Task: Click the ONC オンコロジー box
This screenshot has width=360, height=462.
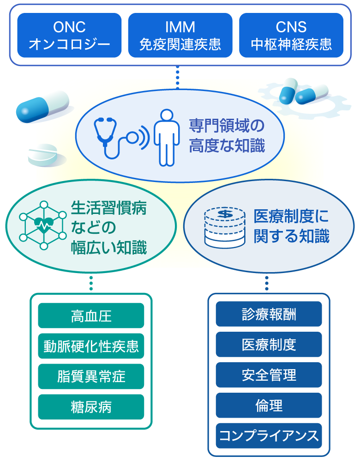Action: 70,35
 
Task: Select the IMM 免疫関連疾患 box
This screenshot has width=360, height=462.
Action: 180,35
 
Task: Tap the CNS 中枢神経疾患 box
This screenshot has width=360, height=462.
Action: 291,35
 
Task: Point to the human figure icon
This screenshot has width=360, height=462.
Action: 167,138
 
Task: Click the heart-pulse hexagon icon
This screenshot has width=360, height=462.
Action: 43,225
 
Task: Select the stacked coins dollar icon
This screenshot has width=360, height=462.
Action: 225,227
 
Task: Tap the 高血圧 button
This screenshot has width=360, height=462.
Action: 91,316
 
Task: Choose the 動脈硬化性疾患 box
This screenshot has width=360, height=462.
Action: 91,346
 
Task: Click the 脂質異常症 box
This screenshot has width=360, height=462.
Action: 91,377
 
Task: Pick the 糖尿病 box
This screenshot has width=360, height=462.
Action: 91,407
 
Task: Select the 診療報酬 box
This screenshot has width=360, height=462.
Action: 269,314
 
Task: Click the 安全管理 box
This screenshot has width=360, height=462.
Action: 269,375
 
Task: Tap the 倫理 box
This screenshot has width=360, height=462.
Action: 269,405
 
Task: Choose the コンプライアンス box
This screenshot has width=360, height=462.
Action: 269,436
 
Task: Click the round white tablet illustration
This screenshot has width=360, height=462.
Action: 43,154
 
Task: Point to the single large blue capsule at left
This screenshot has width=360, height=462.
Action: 42,107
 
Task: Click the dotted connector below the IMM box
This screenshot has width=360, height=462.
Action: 178,77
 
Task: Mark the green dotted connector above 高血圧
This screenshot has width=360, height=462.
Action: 91,283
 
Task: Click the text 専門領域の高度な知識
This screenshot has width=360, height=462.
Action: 227,135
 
